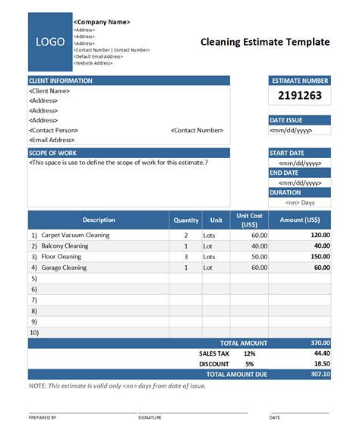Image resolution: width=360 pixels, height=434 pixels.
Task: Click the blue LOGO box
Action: pos(50,42)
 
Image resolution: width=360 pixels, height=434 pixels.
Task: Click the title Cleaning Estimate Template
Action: pos(265,42)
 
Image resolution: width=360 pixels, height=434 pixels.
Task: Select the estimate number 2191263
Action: pos(299,96)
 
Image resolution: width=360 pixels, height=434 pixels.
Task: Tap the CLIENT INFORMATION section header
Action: pos(61,81)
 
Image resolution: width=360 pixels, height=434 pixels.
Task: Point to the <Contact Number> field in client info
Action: pos(197,130)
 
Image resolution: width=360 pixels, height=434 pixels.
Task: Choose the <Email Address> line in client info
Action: pos(52,140)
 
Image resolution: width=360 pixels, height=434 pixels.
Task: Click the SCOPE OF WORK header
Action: pos(54,153)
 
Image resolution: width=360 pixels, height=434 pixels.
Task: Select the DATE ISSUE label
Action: pos(287,120)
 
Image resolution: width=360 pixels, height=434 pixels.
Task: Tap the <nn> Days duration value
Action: pos(301,203)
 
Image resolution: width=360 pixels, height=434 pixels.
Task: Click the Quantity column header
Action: pos(185,220)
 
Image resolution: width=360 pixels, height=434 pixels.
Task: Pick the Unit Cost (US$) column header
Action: pos(249,220)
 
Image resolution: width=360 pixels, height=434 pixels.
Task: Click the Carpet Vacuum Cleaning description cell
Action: pos(75,236)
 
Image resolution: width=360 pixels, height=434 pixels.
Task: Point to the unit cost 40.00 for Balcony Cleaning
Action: pos(259,246)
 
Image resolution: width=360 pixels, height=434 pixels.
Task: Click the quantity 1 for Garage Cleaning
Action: pos(186,268)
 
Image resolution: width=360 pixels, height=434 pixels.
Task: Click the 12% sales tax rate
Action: pos(249,353)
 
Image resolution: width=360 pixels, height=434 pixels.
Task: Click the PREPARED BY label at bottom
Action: pos(43,417)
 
